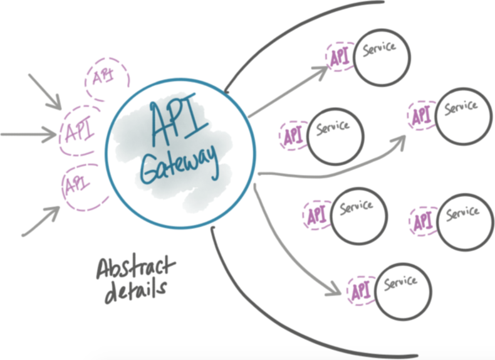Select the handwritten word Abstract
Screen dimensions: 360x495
click(133, 270)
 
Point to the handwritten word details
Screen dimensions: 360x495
click(132, 292)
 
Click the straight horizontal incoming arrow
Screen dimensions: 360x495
click(28, 134)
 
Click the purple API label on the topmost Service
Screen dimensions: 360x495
click(339, 58)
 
